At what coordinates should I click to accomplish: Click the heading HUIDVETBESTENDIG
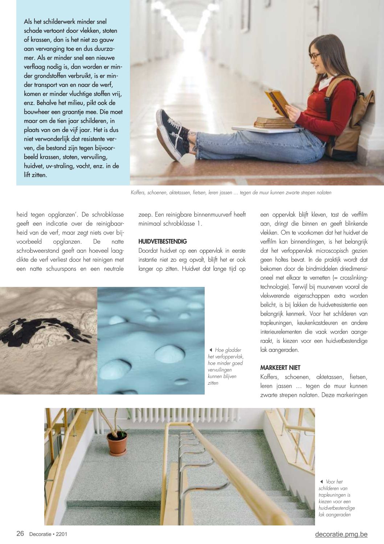[163, 241]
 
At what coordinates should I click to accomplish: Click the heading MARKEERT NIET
[280, 368]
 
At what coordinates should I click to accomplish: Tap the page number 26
[20, 534]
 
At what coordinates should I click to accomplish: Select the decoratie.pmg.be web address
[341, 534]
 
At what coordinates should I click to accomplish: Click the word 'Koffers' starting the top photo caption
[139, 193]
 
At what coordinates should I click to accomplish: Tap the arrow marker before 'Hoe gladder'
[211, 350]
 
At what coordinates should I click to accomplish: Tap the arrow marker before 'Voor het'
[322, 482]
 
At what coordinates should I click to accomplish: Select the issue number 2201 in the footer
[61, 534]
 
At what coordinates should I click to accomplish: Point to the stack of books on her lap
[274, 123]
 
